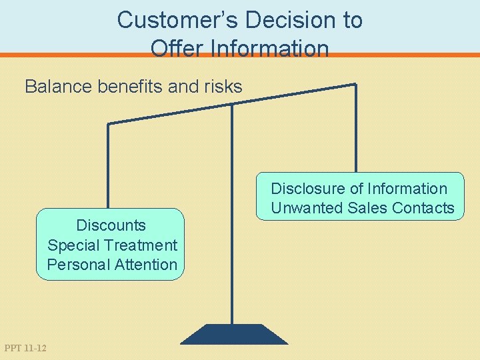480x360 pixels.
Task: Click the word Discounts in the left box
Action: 111,225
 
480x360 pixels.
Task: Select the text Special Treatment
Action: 112,245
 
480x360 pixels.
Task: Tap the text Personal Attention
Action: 112,264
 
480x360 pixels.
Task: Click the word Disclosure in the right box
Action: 307,189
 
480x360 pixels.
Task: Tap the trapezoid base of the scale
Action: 234,334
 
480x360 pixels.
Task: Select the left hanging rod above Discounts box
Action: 109,167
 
